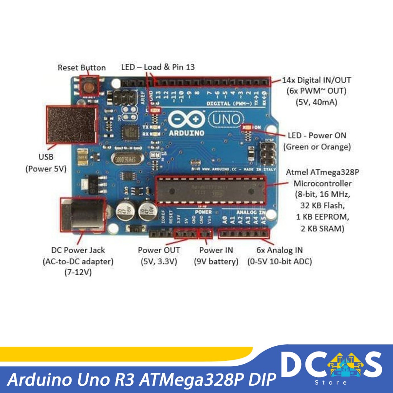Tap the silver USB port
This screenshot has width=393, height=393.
click(71, 124)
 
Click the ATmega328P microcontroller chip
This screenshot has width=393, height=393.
click(210, 190)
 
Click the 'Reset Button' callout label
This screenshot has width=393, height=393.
click(81, 68)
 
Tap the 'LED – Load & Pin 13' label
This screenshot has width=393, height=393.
click(158, 67)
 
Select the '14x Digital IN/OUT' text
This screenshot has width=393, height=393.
click(316, 80)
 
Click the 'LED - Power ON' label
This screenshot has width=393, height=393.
click(317, 135)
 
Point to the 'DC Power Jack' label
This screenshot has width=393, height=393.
click(78, 250)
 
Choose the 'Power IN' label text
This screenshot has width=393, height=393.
click(216, 250)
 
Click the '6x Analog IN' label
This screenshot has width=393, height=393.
click(279, 250)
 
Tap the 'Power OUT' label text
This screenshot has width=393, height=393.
click(159, 250)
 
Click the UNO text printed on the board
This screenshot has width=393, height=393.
click(226, 119)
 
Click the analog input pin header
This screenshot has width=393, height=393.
click(244, 233)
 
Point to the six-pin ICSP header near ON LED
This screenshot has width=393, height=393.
click(268, 153)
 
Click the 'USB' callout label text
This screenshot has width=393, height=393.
click(46, 157)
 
